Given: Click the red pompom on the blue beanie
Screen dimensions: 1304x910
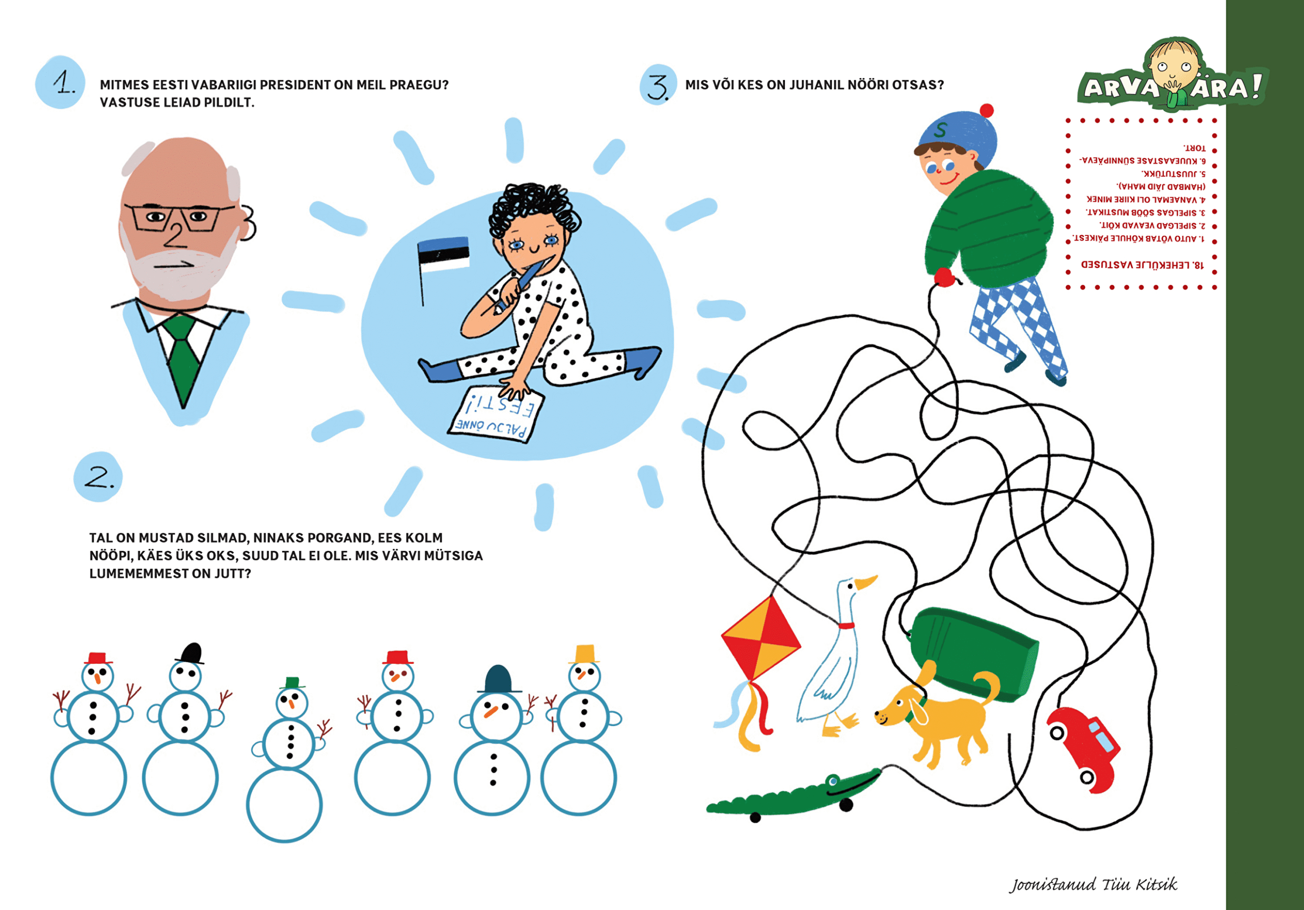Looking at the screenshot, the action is [987, 110].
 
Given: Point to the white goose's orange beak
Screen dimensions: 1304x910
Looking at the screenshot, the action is [866, 583].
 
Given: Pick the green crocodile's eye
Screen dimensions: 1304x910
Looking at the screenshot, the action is [833, 781].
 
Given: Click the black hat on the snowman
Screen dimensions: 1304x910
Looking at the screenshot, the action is [191, 653].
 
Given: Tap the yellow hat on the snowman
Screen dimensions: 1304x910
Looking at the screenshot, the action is [584, 654].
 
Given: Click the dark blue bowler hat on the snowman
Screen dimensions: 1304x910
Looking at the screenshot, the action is [499, 679].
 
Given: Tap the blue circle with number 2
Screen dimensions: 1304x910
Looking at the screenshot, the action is [98, 477].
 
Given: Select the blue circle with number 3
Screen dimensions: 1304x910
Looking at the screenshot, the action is [658, 85].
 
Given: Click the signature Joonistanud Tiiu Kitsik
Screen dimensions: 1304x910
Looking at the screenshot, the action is [1093, 885].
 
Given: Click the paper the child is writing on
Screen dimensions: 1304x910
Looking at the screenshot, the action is [496, 415].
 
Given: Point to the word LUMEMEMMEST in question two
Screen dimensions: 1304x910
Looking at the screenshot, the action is [139, 574].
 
